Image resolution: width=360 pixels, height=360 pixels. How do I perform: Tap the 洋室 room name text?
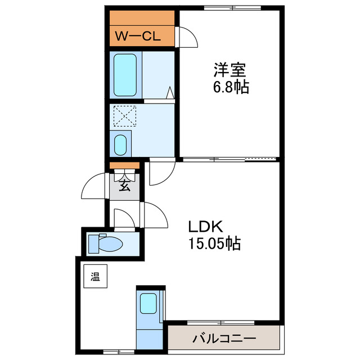click(x=229, y=71)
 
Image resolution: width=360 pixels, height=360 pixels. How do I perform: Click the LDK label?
click(x=206, y=227)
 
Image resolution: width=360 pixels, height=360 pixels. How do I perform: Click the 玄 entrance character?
click(x=124, y=187)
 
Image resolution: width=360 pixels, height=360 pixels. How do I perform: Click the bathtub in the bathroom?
click(x=124, y=75)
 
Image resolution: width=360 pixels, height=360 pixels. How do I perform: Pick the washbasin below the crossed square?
click(x=121, y=144)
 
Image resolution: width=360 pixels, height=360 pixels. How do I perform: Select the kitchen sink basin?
click(x=149, y=304)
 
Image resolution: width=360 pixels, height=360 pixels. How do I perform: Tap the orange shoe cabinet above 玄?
click(x=124, y=165)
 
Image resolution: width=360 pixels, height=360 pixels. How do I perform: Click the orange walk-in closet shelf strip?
click(x=141, y=17)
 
